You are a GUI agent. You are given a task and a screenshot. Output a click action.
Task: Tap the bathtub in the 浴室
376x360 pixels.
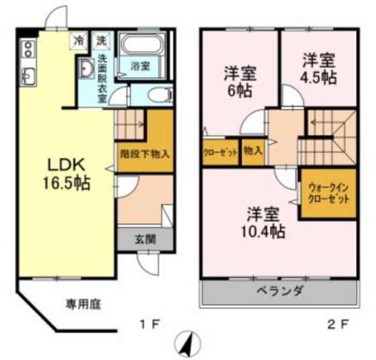pyautogui.click(x=142, y=44)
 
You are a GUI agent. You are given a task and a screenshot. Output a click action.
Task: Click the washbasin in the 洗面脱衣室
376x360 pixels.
pyautogui.click(x=87, y=69)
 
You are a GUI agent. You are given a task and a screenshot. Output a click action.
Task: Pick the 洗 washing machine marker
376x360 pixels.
pyautogui.click(x=101, y=40)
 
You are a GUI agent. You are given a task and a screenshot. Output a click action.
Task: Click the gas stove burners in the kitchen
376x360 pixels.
pyautogui.click(x=28, y=48)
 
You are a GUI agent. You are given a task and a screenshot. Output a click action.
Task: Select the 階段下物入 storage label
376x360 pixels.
pyautogui.click(x=145, y=154)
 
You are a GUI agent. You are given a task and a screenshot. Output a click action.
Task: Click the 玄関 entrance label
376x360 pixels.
pyautogui.click(x=145, y=239)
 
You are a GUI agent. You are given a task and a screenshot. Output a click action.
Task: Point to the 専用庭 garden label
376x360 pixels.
pyautogui.click(x=84, y=304)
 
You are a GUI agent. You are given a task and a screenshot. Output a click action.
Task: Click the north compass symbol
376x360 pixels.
pyautogui.click(x=187, y=345)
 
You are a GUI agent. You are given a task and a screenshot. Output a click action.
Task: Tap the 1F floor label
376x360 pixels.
pyautogui.click(x=150, y=325)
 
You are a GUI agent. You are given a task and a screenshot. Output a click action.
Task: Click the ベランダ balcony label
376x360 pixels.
pyautogui.click(x=281, y=291)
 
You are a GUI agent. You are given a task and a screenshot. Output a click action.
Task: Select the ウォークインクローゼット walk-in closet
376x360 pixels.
pyautogui.click(x=328, y=193)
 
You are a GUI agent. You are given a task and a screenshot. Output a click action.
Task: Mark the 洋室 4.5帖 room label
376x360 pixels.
pyautogui.click(x=318, y=69)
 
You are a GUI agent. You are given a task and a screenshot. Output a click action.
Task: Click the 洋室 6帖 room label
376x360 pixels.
pyautogui.click(x=240, y=82)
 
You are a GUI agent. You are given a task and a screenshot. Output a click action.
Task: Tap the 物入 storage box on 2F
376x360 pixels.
pyautogui.click(x=252, y=152)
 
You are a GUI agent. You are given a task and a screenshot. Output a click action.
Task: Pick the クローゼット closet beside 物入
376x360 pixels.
pyautogui.click(x=220, y=152)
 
